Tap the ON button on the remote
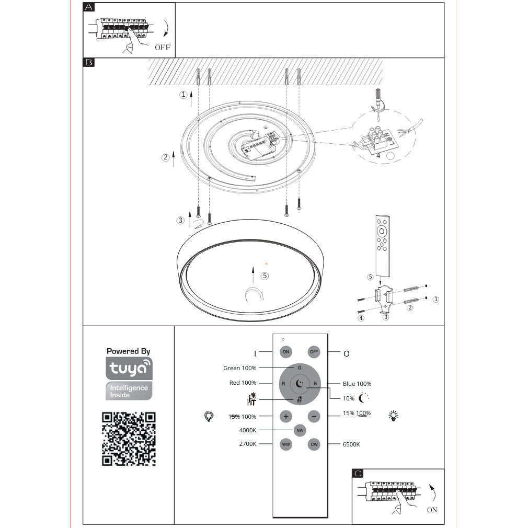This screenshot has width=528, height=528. click(x=286, y=352)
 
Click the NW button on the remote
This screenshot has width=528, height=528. click(x=300, y=430)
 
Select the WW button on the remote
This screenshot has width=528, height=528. click(x=286, y=444)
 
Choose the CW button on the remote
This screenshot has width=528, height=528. click(x=314, y=444)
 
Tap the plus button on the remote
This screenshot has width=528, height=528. click(x=286, y=416)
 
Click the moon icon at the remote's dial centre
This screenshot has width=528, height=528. click(x=300, y=384)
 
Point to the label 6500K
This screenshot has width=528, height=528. click(x=351, y=444)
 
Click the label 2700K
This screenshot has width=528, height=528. click(x=247, y=444)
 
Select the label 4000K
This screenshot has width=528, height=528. click(x=247, y=430)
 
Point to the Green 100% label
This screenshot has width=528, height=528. click(x=240, y=368)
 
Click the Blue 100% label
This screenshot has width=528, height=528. click(x=357, y=384)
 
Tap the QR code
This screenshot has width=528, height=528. click(x=129, y=439)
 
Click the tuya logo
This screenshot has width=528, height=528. click(x=129, y=369)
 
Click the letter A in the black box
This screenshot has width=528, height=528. click(x=89, y=7)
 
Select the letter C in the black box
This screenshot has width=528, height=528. click(x=358, y=474)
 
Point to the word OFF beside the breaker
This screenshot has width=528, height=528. click(x=163, y=48)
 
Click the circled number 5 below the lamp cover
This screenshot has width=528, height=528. click(x=265, y=276)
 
